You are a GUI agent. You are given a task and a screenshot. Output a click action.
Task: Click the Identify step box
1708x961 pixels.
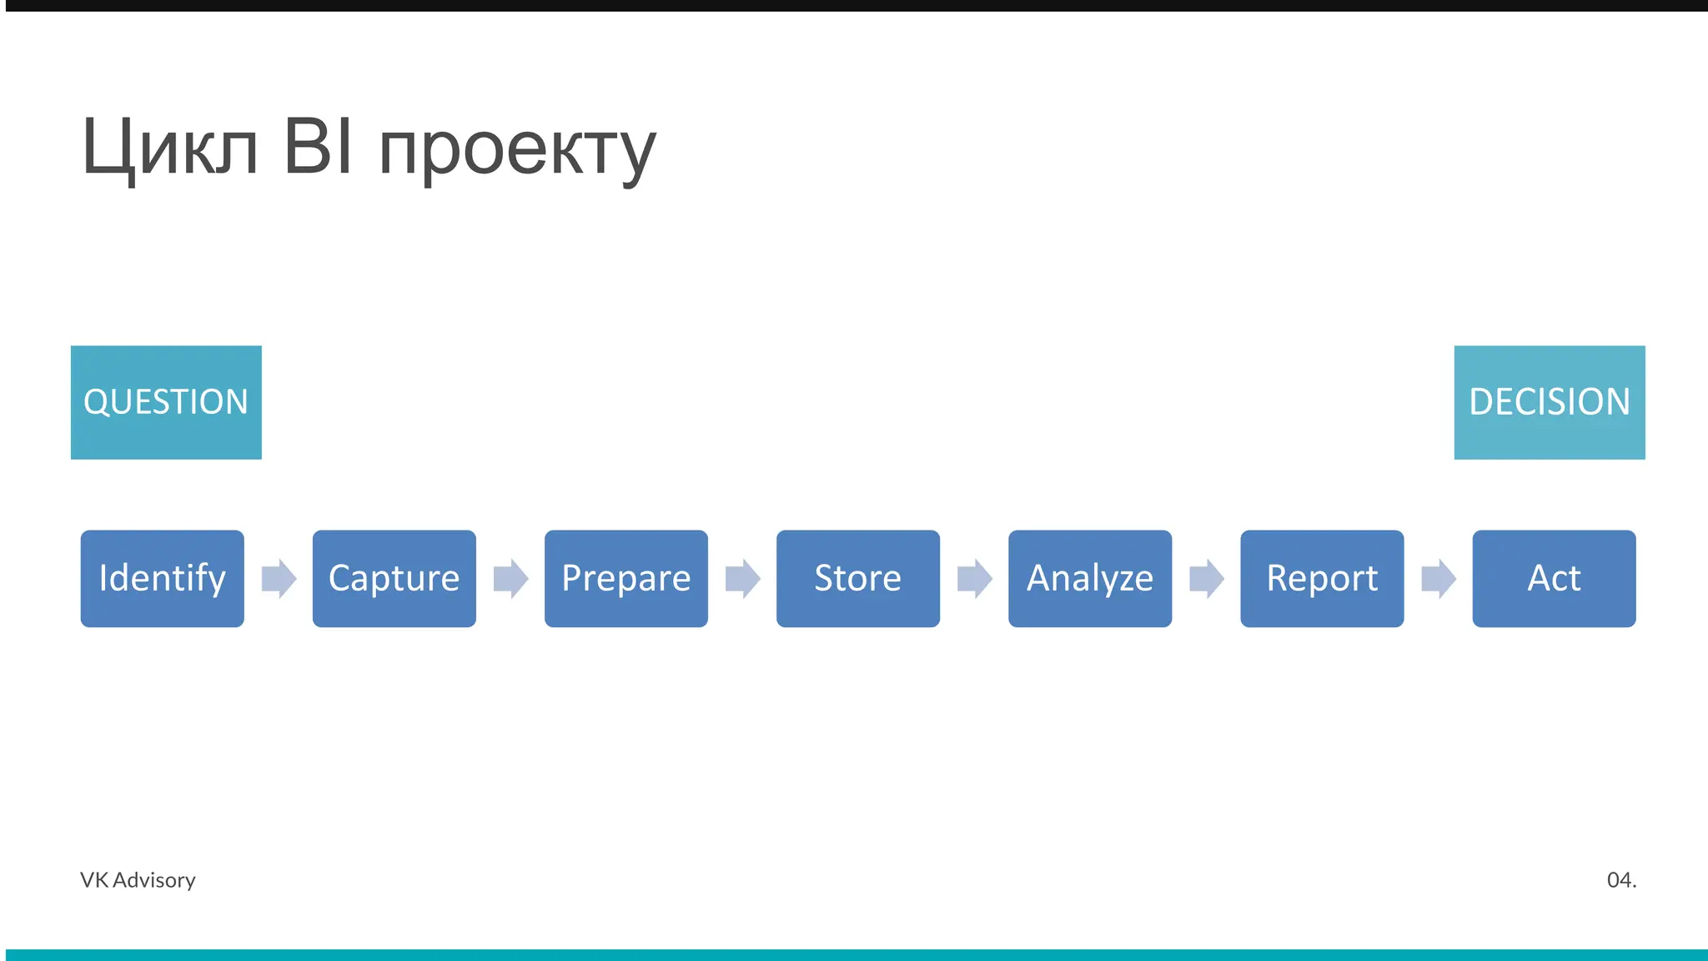(162, 578)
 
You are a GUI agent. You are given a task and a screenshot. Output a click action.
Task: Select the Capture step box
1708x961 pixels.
(394, 578)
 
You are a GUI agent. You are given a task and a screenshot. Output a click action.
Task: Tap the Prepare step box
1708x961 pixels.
(625, 578)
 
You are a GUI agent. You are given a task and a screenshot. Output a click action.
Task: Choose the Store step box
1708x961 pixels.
(857, 578)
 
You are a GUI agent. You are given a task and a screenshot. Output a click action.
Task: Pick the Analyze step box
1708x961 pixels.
(1089, 578)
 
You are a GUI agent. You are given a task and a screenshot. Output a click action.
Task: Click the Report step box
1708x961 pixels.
(1322, 578)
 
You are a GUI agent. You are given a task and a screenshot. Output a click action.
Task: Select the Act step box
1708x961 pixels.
(1554, 578)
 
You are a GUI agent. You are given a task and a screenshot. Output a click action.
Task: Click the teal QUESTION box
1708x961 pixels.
(166, 402)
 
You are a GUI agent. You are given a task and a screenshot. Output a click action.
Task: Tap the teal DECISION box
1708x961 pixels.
(1550, 402)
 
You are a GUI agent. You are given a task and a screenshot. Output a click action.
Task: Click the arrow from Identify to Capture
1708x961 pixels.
(279, 578)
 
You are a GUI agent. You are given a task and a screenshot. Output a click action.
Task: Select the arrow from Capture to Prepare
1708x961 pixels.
(510, 578)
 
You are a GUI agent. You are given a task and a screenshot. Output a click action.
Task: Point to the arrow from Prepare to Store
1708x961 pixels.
(742, 578)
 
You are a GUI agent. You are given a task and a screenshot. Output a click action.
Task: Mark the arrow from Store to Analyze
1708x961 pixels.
(974, 578)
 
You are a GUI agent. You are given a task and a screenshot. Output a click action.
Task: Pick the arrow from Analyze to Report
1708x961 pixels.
(1206, 578)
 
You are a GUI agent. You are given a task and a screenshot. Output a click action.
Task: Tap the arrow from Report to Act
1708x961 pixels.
(1438, 578)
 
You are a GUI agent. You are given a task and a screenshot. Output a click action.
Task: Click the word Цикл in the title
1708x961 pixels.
(170, 148)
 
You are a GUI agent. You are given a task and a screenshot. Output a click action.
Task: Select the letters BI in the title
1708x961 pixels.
(318, 147)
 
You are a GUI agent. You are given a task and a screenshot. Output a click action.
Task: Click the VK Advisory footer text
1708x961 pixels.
(138, 880)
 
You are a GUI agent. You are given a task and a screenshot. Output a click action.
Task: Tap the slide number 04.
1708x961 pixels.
(1621, 880)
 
